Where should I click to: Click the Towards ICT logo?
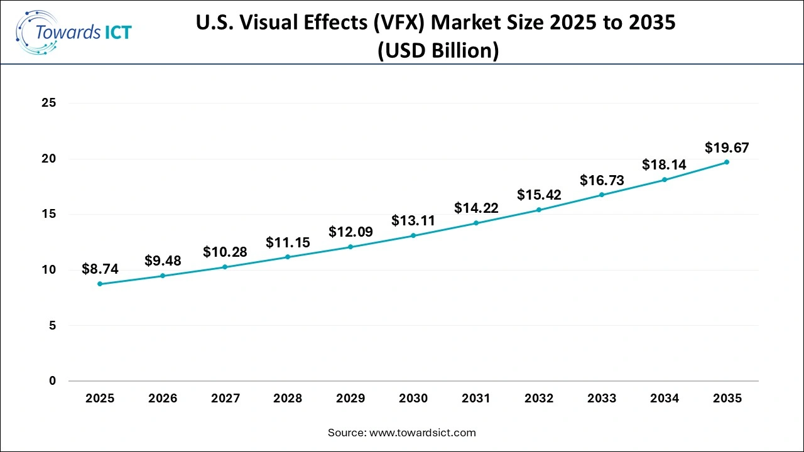click(x=73, y=32)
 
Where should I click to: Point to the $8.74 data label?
click(x=100, y=269)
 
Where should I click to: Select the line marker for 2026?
click(x=163, y=276)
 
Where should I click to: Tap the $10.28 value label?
click(x=225, y=252)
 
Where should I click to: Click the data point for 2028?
click(x=288, y=257)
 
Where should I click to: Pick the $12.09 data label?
click(x=350, y=232)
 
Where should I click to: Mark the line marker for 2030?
click(x=413, y=235)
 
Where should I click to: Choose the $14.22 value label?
click(x=476, y=208)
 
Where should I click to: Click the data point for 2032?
click(x=539, y=210)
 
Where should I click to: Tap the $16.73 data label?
click(x=602, y=180)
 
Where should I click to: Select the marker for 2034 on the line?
click(x=665, y=180)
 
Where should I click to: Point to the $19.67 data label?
click(x=727, y=148)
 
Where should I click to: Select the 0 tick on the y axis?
click(x=53, y=380)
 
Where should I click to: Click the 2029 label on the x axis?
click(x=350, y=398)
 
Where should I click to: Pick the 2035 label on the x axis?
click(x=727, y=398)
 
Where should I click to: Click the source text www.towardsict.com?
click(x=423, y=433)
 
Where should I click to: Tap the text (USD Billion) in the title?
click(x=438, y=50)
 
